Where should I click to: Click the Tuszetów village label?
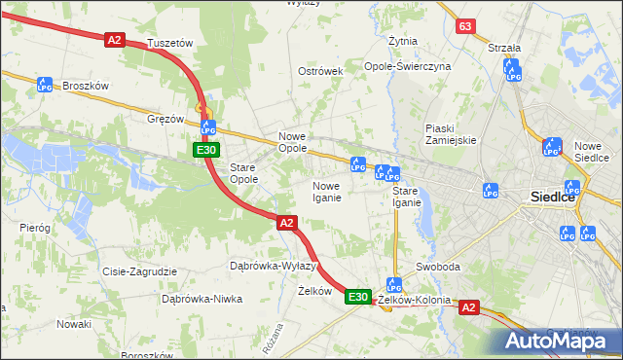tap(170, 44)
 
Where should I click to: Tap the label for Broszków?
tap(85, 86)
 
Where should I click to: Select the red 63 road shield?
tap(466, 26)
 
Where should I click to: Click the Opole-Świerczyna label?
tap(408, 66)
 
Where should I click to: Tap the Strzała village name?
tap(504, 47)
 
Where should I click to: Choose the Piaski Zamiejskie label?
tap(451, 134)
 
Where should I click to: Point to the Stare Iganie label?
tap(407, 197)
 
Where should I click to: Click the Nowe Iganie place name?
tap(326, 192)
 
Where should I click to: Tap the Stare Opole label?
tap(243, 173)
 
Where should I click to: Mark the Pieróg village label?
tap(35, 227)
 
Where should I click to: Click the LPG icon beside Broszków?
tap(44, 86)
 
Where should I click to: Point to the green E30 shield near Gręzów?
tap(204, 150)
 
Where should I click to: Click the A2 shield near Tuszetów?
tap(115, 39)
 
